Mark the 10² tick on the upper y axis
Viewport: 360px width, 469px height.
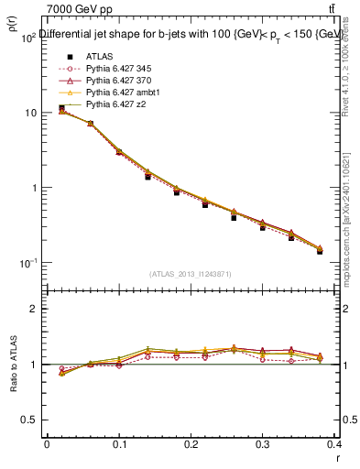point(29,38)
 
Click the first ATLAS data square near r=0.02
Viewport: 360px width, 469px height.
point(61,108)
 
